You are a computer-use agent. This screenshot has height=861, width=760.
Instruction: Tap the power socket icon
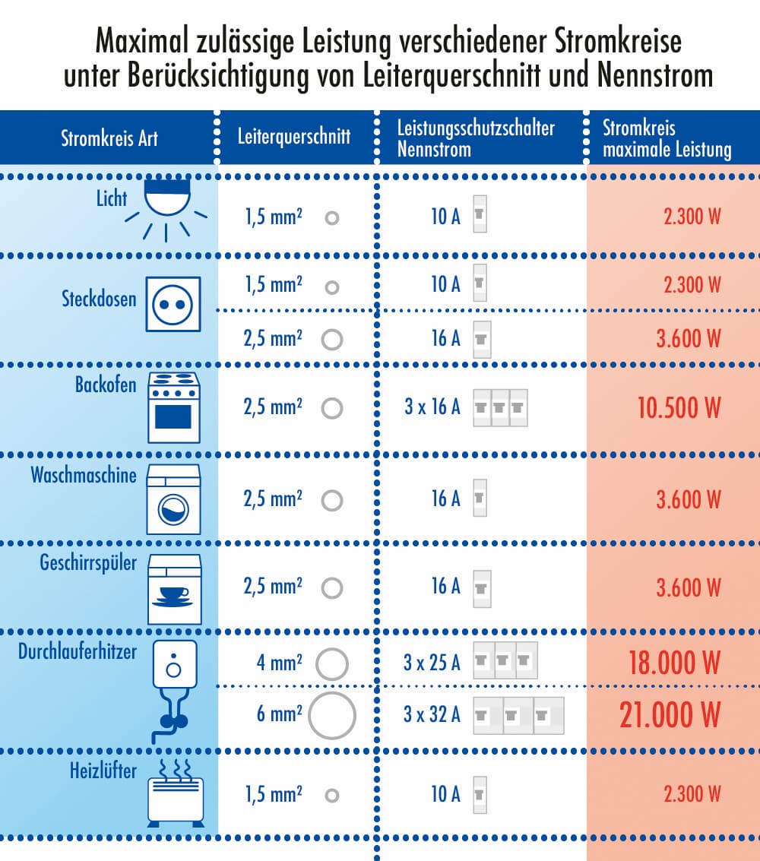click(173, 304)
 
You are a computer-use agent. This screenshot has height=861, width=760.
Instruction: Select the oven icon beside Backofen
click(173, 407)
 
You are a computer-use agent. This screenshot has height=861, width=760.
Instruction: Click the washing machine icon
click(173, 499)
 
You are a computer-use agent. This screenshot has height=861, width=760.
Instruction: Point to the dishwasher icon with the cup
click(173, 589)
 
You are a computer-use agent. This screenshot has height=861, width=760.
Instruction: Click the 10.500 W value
click(679, 408)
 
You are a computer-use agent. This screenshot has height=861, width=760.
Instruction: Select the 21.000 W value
click(670, 715)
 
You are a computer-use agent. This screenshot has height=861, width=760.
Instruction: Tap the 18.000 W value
click(674, 663)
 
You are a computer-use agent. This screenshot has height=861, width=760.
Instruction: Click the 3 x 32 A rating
click(432, 715)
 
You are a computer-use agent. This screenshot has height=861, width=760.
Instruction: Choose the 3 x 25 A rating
click(432, 663)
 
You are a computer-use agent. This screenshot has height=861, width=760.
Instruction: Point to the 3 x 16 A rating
click(432, 407)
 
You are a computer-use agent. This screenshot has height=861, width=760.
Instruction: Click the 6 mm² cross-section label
click(280, 715)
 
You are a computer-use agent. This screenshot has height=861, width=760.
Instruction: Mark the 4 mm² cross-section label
click(280, 663)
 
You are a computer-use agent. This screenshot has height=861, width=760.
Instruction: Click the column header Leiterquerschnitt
click(294, 137)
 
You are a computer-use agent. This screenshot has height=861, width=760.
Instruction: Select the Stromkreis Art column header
click(109, 138)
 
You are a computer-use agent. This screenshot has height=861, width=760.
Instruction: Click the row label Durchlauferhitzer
click(78, 651)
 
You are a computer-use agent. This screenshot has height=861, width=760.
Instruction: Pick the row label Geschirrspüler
click(88, 564)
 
